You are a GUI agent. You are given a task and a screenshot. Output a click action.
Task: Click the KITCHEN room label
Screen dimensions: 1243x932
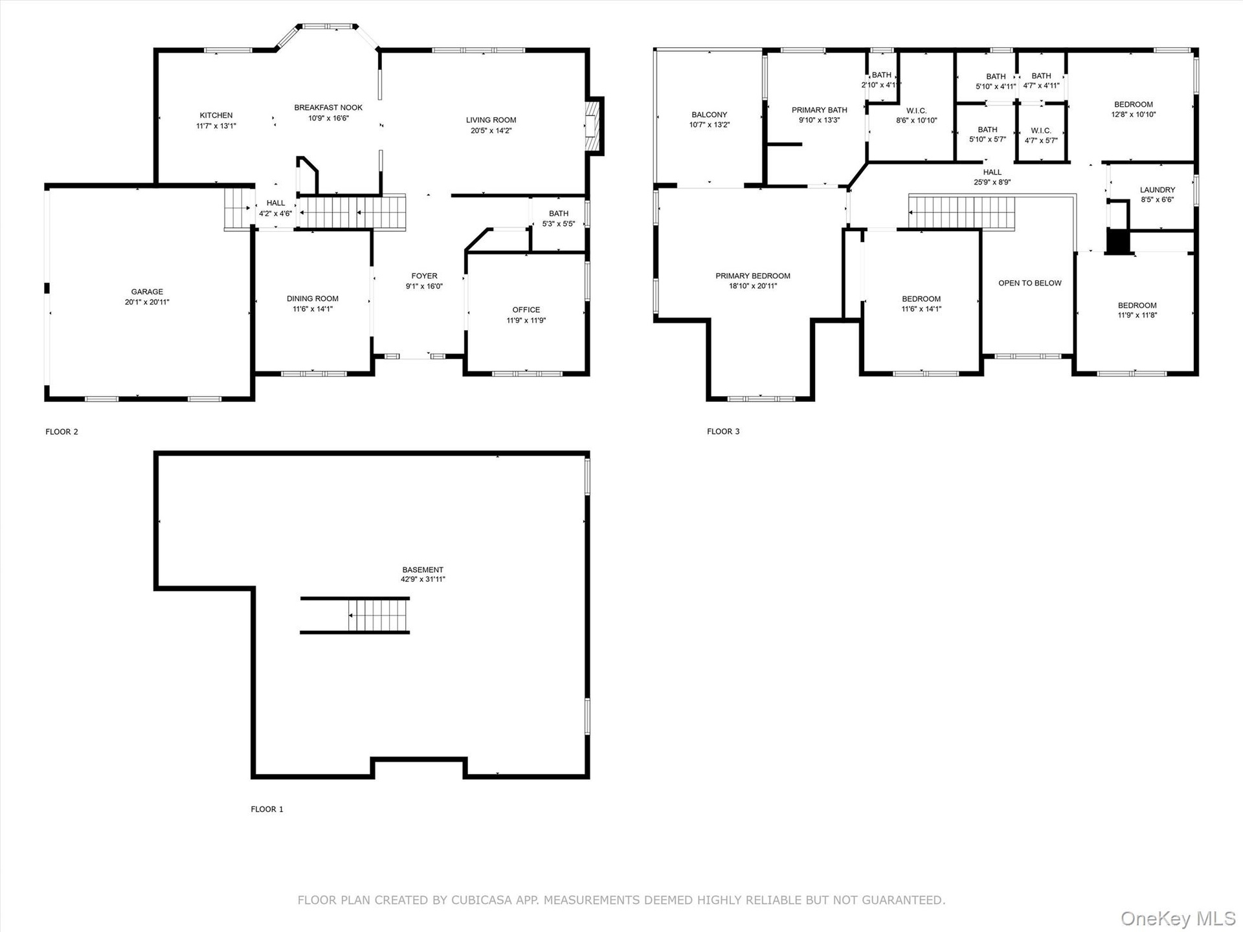[216, 116]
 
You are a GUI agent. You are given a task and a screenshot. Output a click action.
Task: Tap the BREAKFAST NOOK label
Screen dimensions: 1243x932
[328, 108]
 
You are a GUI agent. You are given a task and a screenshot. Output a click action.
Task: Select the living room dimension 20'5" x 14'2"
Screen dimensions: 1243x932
[491, 131]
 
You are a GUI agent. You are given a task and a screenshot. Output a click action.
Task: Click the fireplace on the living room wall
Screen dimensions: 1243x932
[594, 126]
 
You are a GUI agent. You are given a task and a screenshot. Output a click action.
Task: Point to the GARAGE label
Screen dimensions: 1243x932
[147, 292]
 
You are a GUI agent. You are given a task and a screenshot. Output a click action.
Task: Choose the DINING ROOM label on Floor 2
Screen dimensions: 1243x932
[313, 299]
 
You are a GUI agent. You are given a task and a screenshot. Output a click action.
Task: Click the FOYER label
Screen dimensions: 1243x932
[425, 276]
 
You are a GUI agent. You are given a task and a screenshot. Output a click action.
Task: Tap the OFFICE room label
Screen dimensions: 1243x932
[526, 310]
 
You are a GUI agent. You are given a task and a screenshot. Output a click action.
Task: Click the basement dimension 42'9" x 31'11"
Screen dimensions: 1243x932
[423, 580]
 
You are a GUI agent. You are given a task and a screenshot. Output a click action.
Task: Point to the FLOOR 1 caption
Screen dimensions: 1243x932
[267, 809]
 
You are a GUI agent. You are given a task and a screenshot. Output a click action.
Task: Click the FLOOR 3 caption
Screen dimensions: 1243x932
[723, 432]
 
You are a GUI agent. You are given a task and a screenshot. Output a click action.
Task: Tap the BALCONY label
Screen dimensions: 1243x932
[710, 115]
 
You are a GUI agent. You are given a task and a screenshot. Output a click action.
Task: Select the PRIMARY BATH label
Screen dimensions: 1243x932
[820, 111]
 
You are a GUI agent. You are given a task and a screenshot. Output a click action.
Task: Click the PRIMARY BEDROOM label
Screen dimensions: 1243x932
[753, 276]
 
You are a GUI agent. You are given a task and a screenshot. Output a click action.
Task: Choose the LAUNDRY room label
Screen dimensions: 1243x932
[1158, 190]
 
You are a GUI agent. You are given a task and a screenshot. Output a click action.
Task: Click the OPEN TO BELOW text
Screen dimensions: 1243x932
[1030, 283]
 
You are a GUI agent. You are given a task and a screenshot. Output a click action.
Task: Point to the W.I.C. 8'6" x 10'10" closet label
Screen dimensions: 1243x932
[917, 116]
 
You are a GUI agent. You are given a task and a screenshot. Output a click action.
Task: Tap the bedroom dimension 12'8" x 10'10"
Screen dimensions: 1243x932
[1134, 115]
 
